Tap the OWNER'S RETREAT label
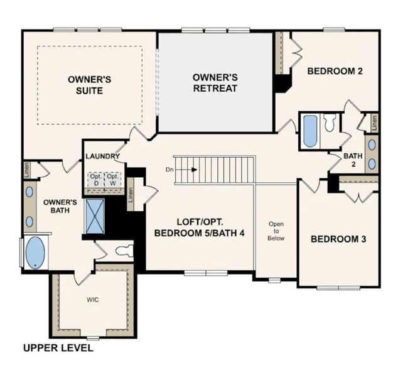point(215,82)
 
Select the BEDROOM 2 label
point(335,71)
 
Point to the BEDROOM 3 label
point(339,239)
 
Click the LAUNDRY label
point(102,156)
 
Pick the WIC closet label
point(93,300)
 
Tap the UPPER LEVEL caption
point(58,347)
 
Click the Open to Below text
point(276,231)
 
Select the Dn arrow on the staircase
point(190,169)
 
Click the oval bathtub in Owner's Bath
point(35,252)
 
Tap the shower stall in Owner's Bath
point(95,216)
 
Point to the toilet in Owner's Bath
point(124,251)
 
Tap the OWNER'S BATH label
point(60,207)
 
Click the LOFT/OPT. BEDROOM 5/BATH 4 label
point(198,227)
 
